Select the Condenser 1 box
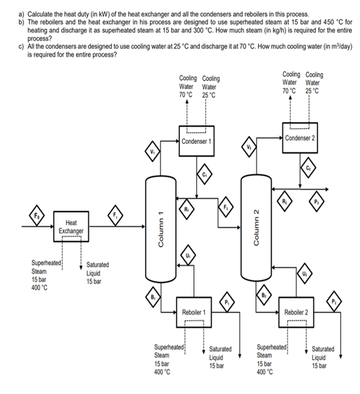click(x=196, y=141)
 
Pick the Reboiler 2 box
click(x=296, y=312)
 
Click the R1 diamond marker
click(x=186, y=209)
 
